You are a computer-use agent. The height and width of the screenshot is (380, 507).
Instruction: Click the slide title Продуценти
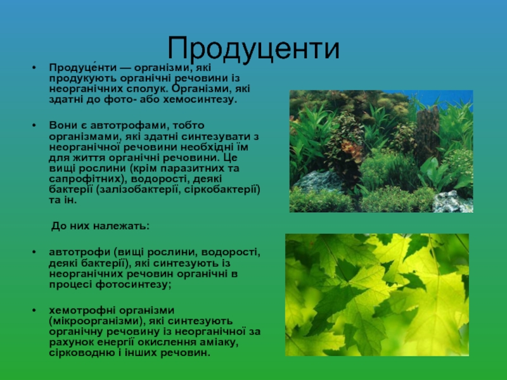[253, 49]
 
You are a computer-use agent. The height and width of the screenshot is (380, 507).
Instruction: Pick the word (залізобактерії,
[138, 189]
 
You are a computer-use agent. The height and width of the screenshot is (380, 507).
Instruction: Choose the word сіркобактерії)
[222, 189]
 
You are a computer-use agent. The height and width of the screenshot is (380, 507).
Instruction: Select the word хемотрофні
[82, 310]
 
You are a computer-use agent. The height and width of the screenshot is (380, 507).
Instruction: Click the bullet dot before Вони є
[34, 125]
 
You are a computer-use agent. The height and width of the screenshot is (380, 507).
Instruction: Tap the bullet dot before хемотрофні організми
[34, 310]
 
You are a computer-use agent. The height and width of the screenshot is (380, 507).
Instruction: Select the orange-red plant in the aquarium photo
[352, 149]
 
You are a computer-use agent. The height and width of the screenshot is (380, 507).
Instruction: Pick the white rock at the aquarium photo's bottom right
[452, 202]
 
